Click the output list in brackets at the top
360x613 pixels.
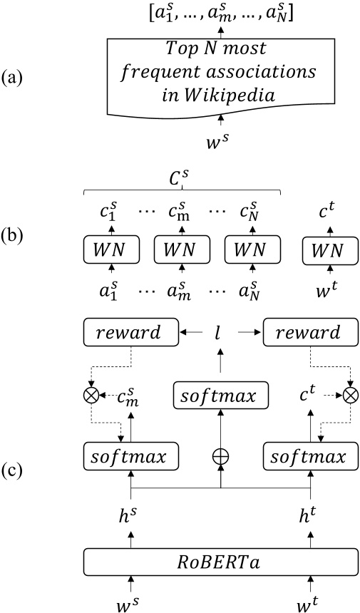coord(222,12)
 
